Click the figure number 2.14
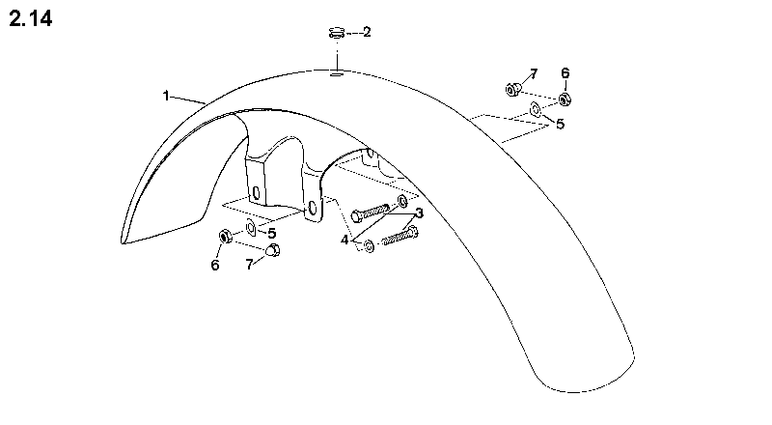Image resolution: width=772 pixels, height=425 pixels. point(31,19)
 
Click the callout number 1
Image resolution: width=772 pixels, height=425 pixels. point(166,96)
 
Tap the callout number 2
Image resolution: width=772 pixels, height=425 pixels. point(367,32)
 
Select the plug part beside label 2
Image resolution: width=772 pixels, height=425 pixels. point(337,34)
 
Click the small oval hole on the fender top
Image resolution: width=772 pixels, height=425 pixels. point(337,74)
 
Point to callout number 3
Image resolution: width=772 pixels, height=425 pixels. point(419,213)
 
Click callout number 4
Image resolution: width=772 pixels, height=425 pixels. point(345,241)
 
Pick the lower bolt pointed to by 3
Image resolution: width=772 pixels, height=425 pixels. point(400,236)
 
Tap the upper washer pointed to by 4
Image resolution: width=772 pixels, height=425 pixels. point(402,201)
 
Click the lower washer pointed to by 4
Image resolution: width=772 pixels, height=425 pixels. point(369,246)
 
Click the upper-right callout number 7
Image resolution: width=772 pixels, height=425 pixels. point(534,74)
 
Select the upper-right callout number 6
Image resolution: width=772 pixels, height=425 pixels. point(565,73)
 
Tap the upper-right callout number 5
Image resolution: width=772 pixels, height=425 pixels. point(561,124)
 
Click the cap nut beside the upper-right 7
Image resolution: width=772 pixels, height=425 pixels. point(513,89)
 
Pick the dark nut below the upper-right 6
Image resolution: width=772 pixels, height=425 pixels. point(565,99)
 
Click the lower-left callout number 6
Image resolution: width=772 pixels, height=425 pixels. point(215,265)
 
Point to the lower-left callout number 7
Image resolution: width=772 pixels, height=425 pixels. point(250,265)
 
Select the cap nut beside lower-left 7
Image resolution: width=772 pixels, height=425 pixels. point(273,249)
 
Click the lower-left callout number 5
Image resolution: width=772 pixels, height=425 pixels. point(272,233)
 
